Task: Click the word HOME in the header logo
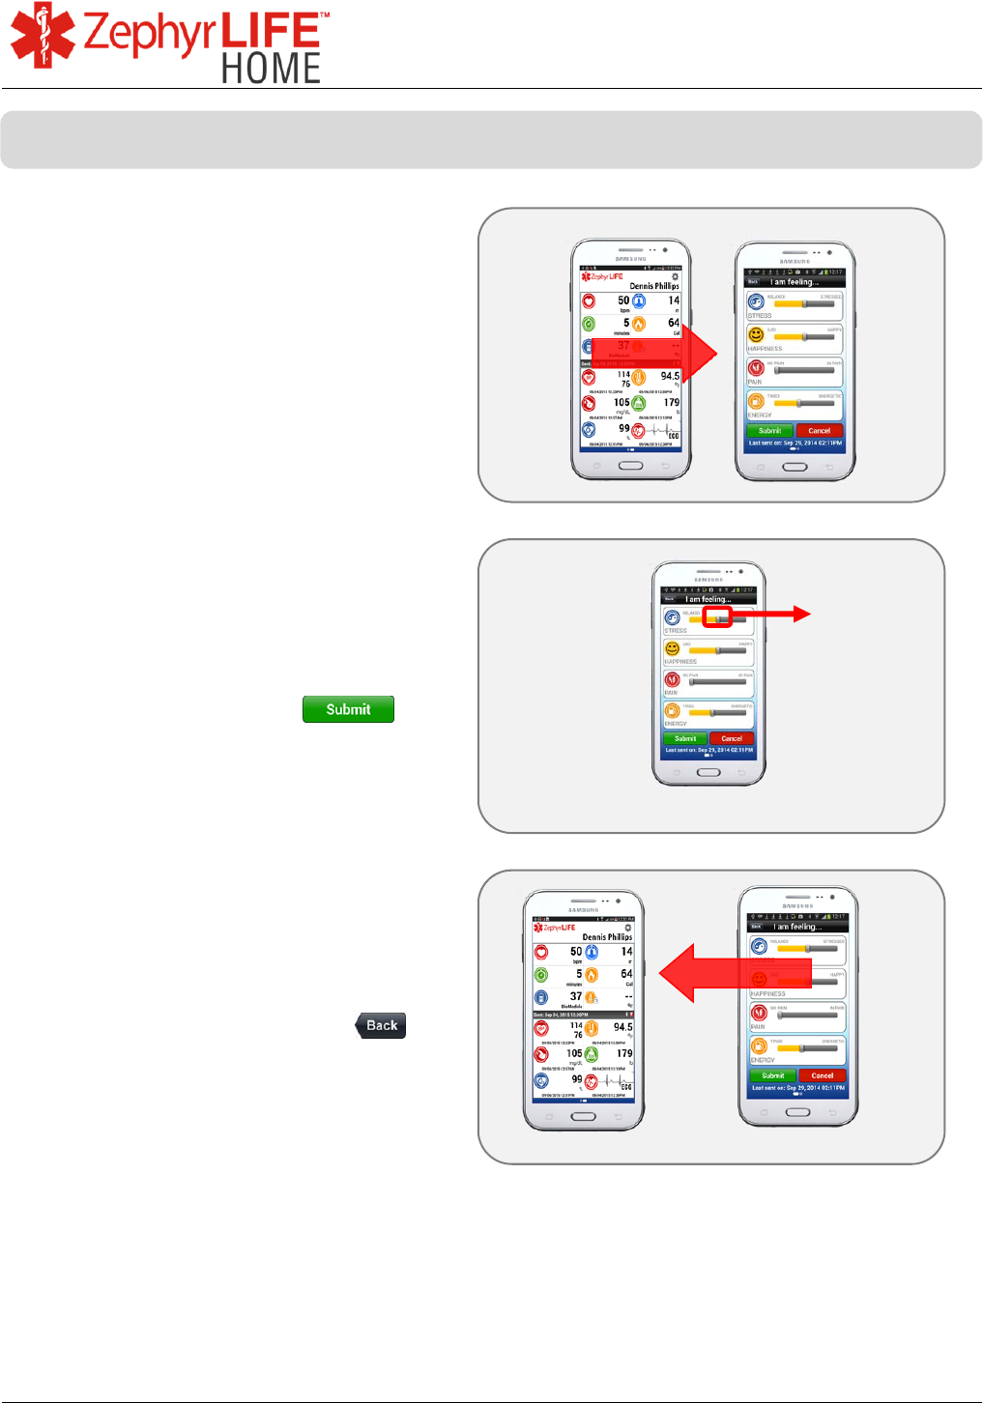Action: coord(271,69)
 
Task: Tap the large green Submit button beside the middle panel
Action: coord(348,709)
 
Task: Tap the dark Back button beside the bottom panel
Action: coord(381,1025)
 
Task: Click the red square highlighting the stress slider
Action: coord(717,616)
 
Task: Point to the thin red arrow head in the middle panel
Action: coord(801,614)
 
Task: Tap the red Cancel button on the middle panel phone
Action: coord(732,738)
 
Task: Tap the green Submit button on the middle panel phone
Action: coord(685,738)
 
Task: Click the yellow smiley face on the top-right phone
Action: coord(757,334)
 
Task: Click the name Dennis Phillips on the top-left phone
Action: coord(654,286)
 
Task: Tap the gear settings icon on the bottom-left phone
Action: coord(627,928)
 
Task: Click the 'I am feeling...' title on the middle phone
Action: coord(708,599)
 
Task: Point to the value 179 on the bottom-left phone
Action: coord(624,1053)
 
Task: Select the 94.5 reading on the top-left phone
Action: coord(670,376)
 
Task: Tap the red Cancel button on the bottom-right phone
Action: coord(823,1075)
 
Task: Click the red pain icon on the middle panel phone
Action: coord(672,679)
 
